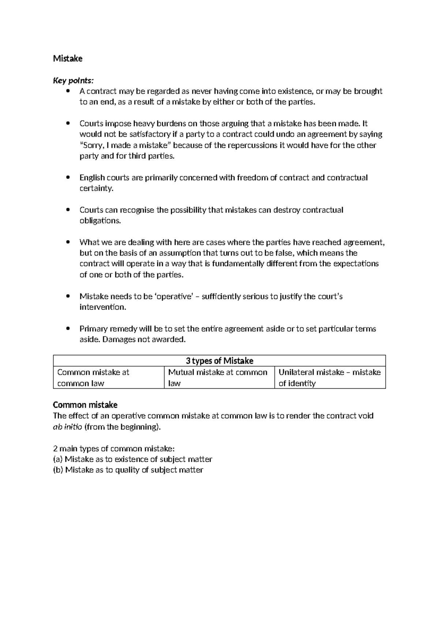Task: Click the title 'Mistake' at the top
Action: [x=68, y=58]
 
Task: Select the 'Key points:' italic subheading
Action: [x=73, y=80]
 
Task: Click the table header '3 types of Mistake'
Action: [x=219, y=361]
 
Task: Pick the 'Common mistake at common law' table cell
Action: [x=93, y=378]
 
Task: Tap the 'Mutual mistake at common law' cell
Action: [x=218, y=378]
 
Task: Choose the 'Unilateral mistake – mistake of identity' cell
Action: [x=329, y=378]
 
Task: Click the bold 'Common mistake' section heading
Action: [x=85, y=405]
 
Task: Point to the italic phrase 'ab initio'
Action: [x=68, y=427]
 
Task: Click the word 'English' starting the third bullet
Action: [x=92, y=178]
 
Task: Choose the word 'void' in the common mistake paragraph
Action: [x=366, y=416]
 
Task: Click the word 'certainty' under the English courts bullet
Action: [x=96, y=189]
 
